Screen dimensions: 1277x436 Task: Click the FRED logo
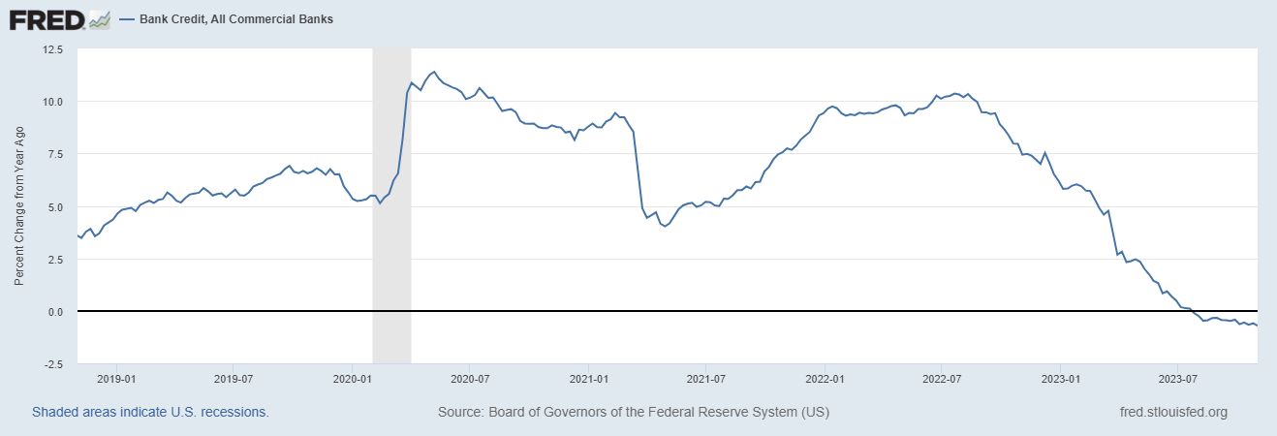point(47,20)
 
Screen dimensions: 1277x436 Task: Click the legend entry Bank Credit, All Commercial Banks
point(236,19)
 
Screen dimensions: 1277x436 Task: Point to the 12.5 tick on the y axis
point(53,49)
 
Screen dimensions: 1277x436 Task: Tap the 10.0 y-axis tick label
point(53,102)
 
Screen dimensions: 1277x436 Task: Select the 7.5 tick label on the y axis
point(55,154)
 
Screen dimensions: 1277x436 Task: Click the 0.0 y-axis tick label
point(55,312)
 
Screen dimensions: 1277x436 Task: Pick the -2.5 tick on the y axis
point(53,364)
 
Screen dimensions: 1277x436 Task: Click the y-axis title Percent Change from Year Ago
point(19,205)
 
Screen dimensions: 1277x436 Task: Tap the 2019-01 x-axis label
point(116,379)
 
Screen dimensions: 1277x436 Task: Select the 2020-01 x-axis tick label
point(353,379)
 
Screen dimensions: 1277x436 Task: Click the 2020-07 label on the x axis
point(470,379)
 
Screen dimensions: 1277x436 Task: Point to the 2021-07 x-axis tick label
point(705,379)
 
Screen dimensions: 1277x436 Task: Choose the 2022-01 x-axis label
point(825,379)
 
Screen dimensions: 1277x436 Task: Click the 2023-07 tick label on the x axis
point(1178,379)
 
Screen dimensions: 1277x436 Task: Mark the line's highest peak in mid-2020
point(434,72)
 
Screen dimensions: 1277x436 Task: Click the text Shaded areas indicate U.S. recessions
point(150,412)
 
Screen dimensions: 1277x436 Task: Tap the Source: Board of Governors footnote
point(634,412)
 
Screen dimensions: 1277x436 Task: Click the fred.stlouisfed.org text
point(1174,412)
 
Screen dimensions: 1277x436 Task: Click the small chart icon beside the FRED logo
point(100,20)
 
